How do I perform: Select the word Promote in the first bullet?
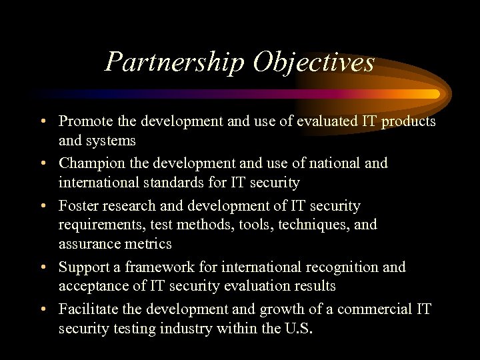coord(84,121)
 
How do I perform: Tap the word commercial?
coord(375,309)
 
